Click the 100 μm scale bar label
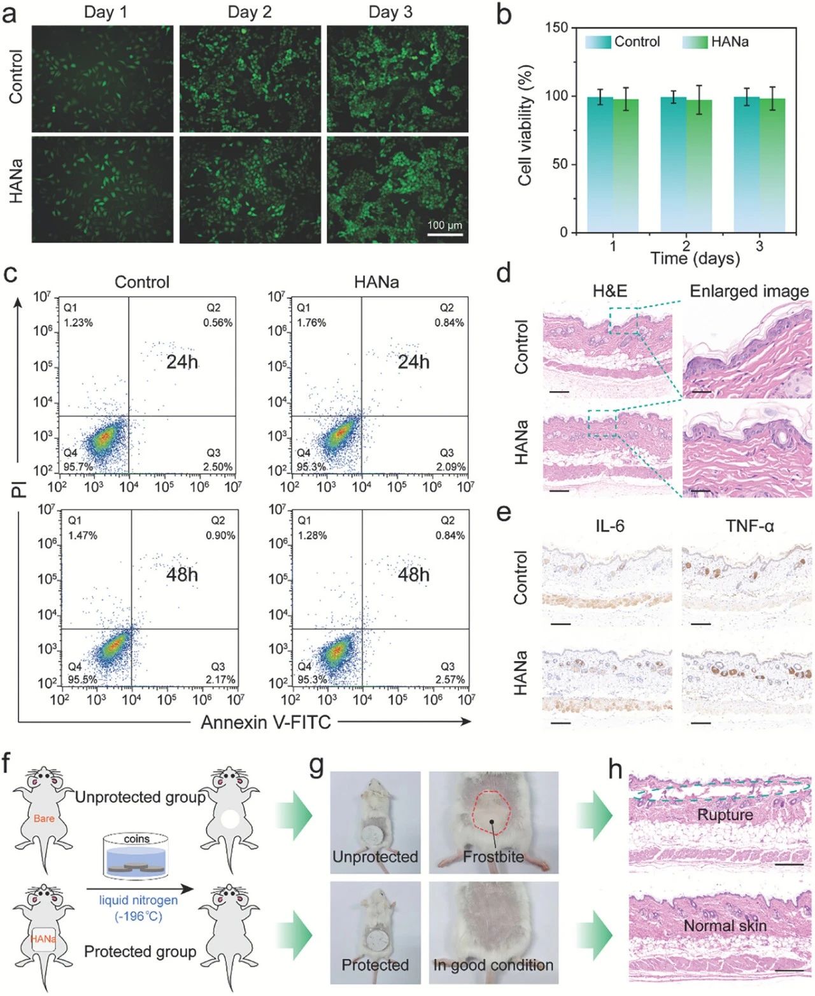[444, 225]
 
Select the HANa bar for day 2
[698, 166]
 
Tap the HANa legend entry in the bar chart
[729, 42]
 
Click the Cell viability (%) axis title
[525, 125]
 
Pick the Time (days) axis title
[695, 258]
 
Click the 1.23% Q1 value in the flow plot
[78, 323]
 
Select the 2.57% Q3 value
[450, 679]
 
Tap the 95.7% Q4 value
[78, 467]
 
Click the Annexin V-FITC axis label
[266, 723]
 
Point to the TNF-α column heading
[749, 525]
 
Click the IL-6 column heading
[609, 525]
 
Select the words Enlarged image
[749, 292]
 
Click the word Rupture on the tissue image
[725, 815]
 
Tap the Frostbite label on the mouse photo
[493, 857]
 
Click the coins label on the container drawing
[136, 839]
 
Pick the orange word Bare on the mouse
[45, 818]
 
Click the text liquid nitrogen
[138, 901]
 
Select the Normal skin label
[725, 925]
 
